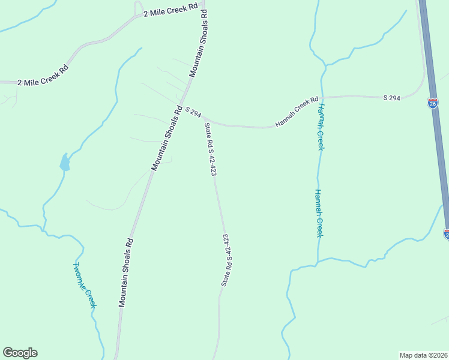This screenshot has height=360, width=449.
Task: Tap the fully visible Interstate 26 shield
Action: (x=433, y=103)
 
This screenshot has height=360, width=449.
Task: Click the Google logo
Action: (x=20, y=353)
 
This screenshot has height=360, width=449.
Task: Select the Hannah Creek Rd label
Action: (x=297, y=112)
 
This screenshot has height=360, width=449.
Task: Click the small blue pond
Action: (x=64, y=162)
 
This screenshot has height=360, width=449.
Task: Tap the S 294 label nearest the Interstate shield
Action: (x=392, y=97)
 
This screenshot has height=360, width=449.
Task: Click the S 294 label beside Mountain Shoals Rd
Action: (x=193, y=112)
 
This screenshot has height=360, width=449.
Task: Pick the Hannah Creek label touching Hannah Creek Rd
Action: (x=321, y=127)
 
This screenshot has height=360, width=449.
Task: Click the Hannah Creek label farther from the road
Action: (x=319, y=213)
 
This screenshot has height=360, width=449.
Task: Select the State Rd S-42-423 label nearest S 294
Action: (x=210, y=149)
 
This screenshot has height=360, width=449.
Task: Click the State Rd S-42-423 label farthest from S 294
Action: (x=226, y=260)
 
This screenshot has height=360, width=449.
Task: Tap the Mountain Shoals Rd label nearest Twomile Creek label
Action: (x=125, y=273)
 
